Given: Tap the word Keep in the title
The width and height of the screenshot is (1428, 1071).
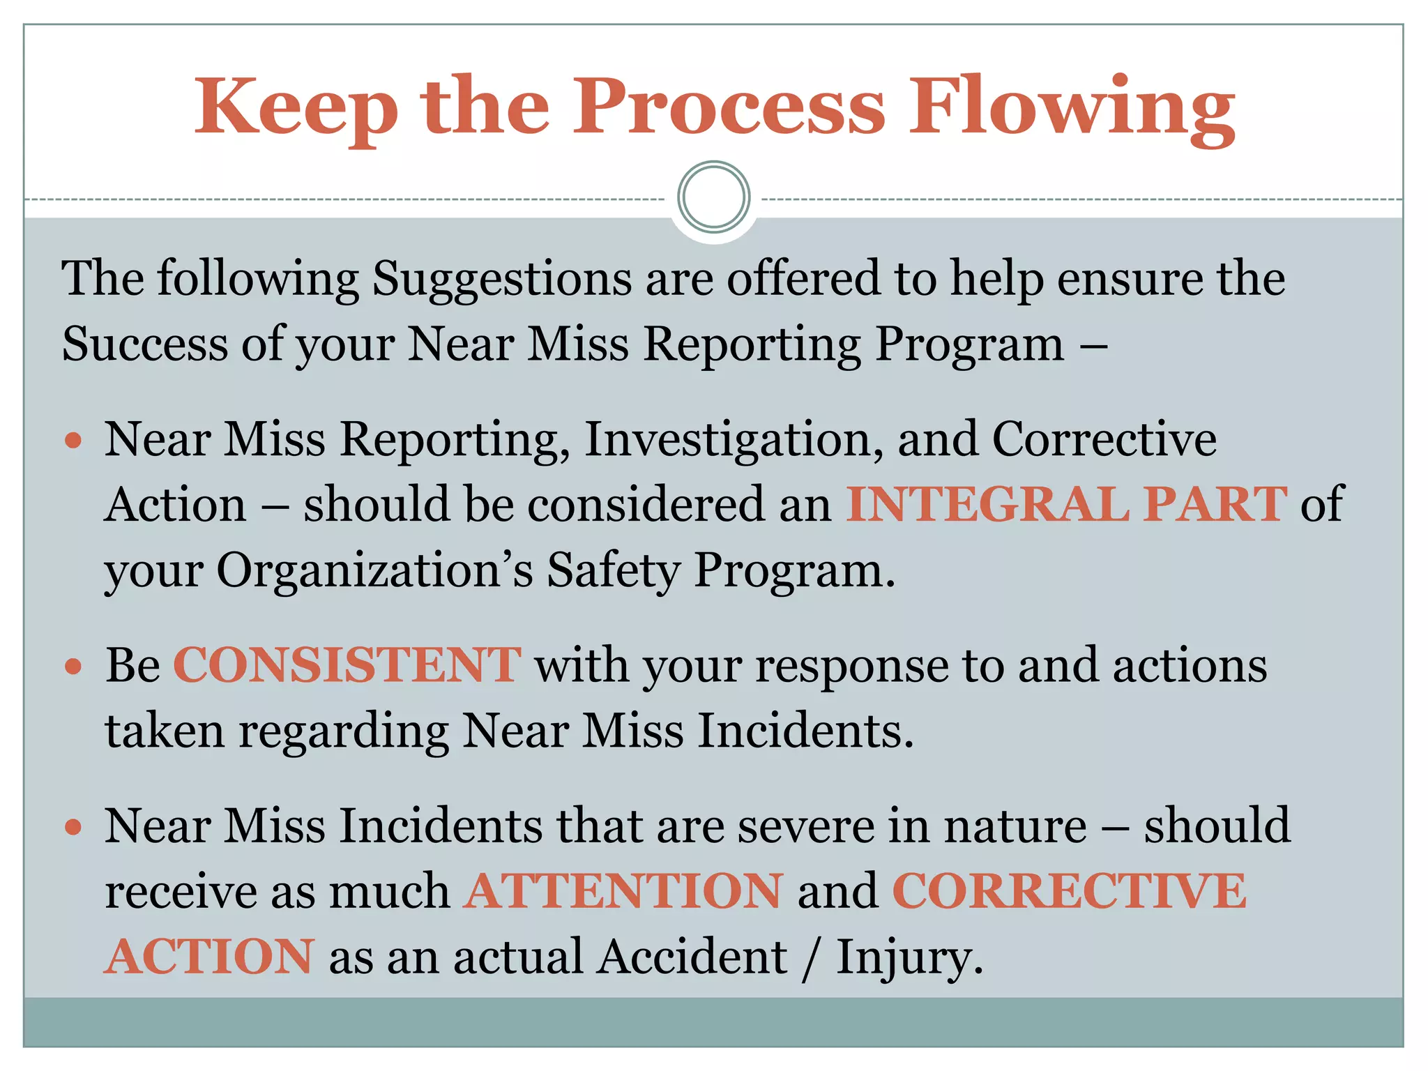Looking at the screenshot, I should (296, 108).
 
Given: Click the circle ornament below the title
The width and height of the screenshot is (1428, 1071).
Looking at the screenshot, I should (713, 197).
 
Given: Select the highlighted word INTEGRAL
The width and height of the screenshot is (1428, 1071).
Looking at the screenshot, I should (988, 504).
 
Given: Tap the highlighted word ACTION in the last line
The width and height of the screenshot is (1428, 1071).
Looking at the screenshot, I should (210, 957).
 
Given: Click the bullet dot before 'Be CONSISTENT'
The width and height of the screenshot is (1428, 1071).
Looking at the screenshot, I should (73, 667).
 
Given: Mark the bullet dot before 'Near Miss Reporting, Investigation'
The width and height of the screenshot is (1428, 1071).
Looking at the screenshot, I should (73, 441).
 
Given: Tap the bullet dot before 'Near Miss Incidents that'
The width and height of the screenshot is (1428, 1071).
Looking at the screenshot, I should (73, 827).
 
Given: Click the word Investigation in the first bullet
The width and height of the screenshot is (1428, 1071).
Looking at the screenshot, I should (734, 441).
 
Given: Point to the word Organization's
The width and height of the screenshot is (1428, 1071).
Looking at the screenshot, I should (374, 570).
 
